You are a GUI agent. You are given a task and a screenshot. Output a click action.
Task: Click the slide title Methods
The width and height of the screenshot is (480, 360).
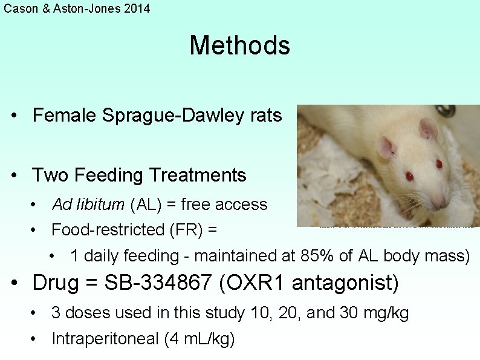pos(240,45)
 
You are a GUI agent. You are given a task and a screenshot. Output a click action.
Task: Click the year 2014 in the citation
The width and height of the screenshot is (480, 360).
pos(137,8)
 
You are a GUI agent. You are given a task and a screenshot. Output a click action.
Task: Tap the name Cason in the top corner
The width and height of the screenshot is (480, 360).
pos(19,8)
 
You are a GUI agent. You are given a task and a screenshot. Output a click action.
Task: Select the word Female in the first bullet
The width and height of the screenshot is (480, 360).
pos(65,115)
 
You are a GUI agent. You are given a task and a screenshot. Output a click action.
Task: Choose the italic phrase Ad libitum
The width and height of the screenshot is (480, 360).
pos(88,205)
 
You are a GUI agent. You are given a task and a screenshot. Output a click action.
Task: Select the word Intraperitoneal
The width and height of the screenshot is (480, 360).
pos(105,339)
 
